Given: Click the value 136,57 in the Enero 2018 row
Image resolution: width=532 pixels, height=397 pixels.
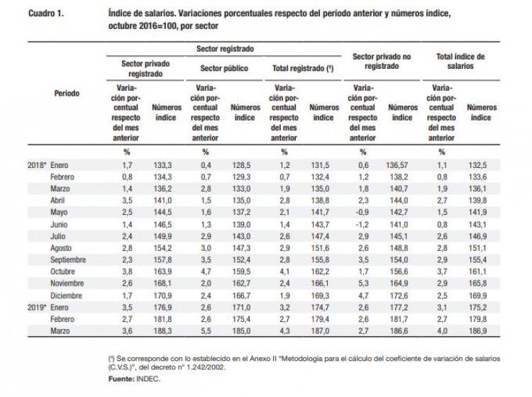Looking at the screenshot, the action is [397, 165].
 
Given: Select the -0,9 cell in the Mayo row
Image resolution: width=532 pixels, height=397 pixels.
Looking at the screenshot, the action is [362, 212].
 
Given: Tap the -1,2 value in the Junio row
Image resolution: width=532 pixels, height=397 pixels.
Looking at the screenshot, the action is [362, 225].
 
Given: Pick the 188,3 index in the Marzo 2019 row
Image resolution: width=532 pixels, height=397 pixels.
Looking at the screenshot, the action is [162, 331].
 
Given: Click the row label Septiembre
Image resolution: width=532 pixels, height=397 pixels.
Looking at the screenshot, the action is [68, 259].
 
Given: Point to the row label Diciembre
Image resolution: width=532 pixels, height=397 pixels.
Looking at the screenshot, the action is [66, 296].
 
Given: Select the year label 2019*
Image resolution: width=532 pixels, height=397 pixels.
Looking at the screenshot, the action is [37, 308].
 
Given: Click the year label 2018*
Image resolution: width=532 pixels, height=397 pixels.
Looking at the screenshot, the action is [37, 165].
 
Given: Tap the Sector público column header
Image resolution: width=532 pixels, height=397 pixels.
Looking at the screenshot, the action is [224, 69].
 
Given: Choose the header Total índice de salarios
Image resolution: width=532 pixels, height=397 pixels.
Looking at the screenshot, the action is [460, 62].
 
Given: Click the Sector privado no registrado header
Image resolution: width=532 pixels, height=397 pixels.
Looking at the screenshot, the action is [382, 62].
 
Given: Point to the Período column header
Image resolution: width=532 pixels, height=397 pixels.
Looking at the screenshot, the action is [67, 94].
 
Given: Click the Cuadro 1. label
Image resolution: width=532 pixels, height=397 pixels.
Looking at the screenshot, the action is [46, 13].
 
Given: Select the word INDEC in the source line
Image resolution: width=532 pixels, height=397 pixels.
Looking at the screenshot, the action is [148, 379].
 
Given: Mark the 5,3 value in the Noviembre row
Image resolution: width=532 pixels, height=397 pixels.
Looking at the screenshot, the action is [363, 284].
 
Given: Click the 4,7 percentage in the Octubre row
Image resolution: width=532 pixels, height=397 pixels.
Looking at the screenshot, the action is [206, 272].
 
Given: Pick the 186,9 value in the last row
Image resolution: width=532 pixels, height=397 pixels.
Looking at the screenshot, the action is [477, 331].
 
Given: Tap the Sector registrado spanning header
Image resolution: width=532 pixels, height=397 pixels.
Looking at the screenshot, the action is [225, 49].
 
